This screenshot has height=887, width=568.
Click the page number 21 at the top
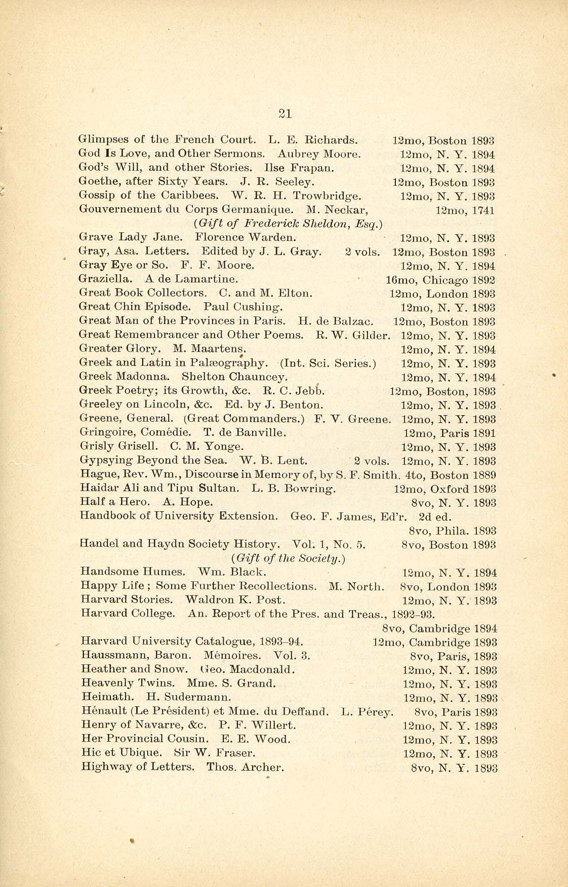tap(286, 114)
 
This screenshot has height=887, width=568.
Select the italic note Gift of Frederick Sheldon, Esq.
tap(288, 223)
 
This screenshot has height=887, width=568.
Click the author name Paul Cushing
tap(243, 307)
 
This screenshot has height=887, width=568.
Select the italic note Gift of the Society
tap(288, 558)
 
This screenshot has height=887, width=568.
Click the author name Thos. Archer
tap(246, 767)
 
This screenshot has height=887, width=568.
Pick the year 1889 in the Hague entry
tap(484, 475)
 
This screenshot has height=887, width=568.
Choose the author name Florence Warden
tap(246, 237)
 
